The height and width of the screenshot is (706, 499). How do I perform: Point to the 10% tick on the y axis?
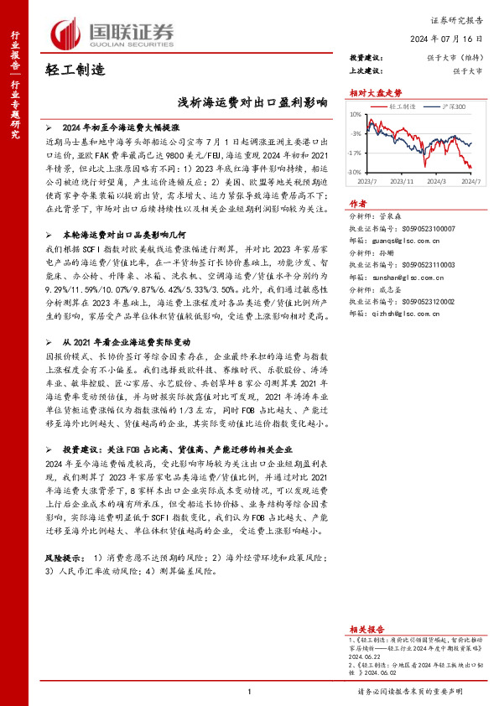(356, 114)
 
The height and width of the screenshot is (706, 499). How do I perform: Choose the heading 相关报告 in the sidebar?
(366, 628)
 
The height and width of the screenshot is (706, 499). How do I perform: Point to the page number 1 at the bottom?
(250, 692)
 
